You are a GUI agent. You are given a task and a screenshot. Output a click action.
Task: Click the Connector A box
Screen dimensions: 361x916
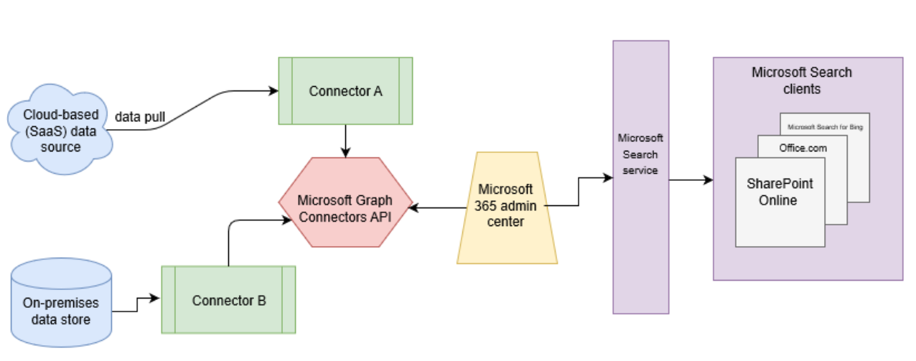coord(345,91)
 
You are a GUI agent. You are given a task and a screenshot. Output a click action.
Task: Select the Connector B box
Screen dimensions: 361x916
coord(228,300)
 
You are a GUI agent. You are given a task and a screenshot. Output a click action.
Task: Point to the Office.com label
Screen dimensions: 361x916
coord(803,148)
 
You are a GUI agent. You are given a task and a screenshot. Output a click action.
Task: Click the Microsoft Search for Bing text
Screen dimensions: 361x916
coord(825,127)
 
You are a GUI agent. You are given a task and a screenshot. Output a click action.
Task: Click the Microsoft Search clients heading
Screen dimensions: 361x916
coord(801,80)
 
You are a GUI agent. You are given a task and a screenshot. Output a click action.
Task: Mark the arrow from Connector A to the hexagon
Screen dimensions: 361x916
coord(346,141)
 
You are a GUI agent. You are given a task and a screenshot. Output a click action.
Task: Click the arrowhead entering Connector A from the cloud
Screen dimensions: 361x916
coord(274,91)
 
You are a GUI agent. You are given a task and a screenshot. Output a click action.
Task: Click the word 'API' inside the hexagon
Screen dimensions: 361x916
coord(379,216)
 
